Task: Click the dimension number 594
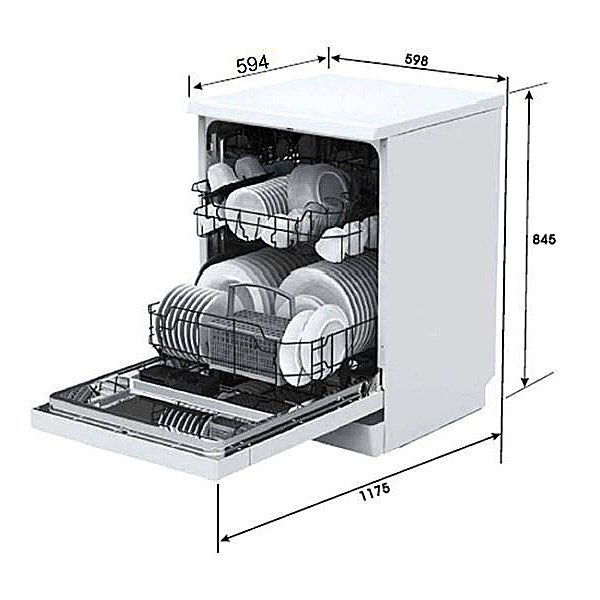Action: click(253, 64)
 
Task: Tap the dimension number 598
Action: click(416, 60)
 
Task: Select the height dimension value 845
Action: click(544, 240)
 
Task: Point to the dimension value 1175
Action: click(375, 492)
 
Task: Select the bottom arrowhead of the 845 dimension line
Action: click(525, 380)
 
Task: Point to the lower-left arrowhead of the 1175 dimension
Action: click(226, 538)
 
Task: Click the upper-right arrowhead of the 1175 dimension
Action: click(495, 437)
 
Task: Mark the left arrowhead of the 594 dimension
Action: click(197, 86)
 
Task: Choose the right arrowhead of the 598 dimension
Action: click(501, 78)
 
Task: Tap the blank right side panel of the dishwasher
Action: click(440, 276)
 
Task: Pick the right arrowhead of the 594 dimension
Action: click(321, 59)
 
